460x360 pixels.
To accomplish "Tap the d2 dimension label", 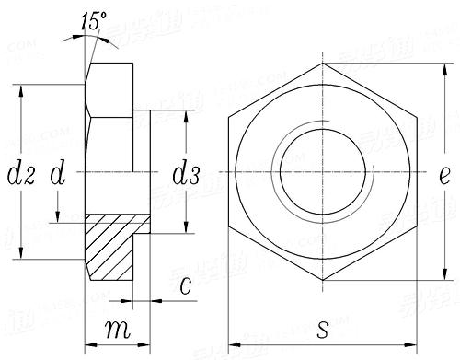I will tap(19, 172).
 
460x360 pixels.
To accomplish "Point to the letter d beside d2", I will tap(58, 172).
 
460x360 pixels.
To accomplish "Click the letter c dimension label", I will tap(185, 286).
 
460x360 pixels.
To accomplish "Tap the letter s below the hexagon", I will tap(323, 327).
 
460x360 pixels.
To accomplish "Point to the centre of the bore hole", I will tap(323, 172).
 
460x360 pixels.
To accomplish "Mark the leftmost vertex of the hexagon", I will tap(230, 172).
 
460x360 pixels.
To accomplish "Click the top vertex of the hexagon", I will tap(323, 63).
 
